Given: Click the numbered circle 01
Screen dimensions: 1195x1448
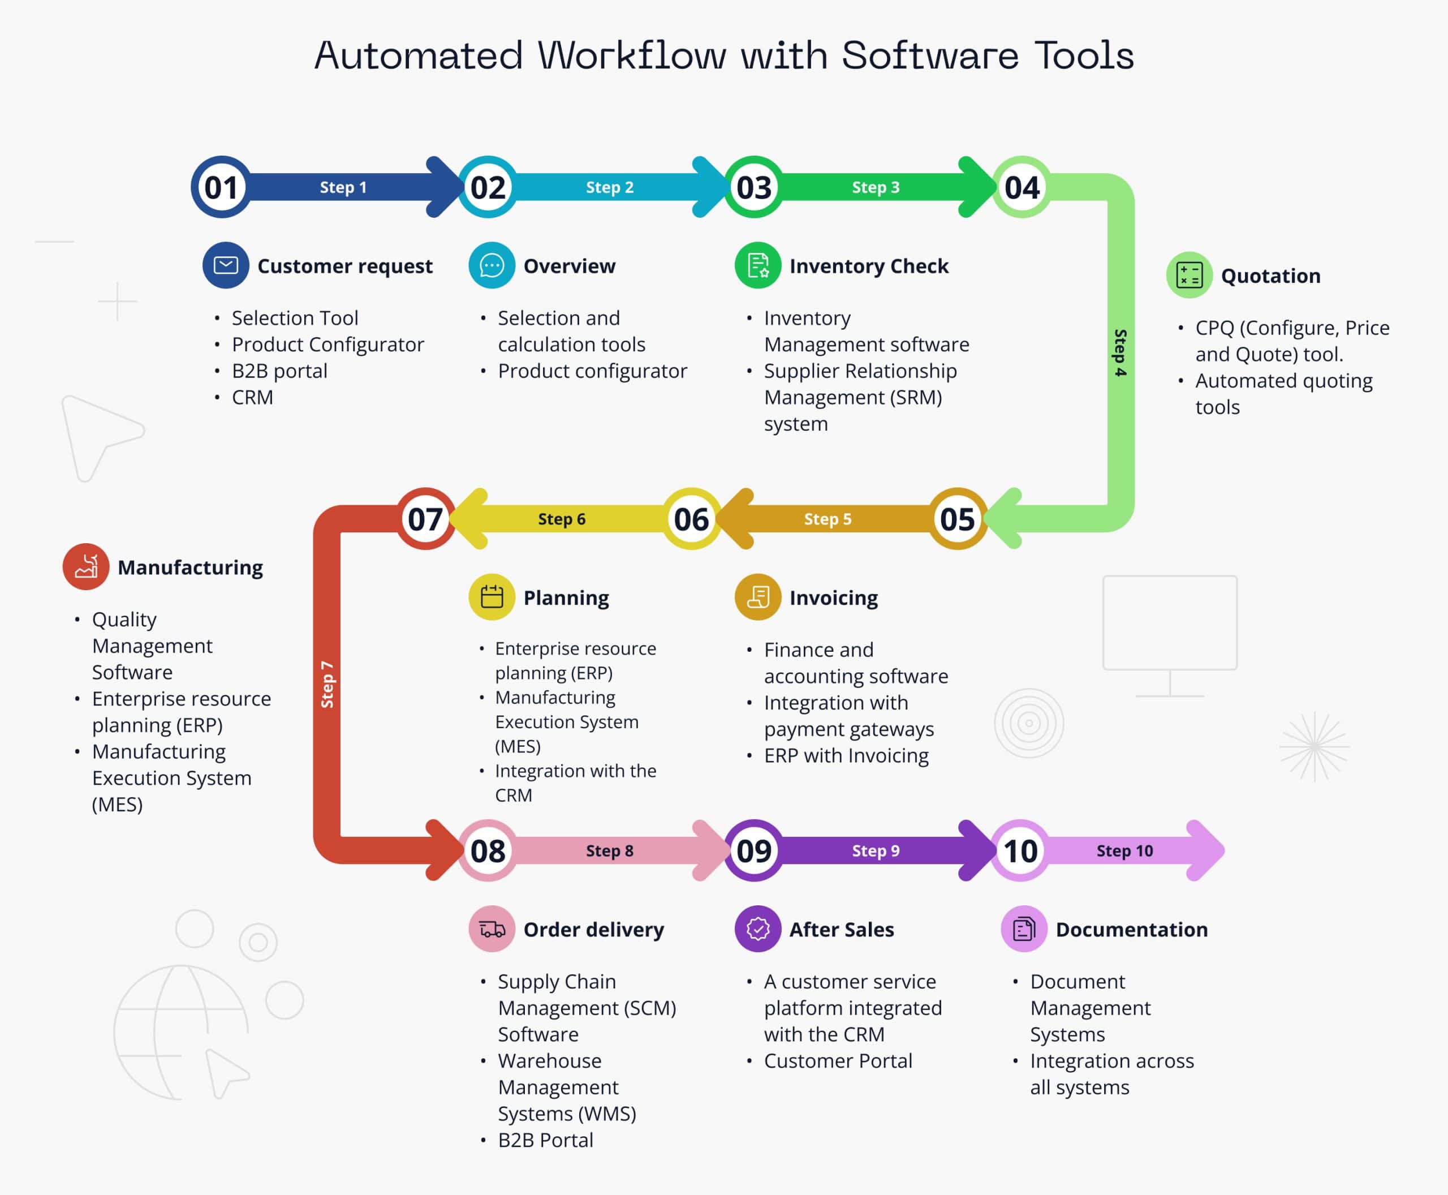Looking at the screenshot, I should [221, 187].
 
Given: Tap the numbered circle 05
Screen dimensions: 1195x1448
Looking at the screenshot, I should [957, 519].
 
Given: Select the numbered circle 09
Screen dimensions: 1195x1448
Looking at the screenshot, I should [755, 851].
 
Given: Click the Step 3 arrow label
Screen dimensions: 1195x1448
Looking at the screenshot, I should [876, 187].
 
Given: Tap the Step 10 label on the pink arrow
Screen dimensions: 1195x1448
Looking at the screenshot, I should [1124, 851].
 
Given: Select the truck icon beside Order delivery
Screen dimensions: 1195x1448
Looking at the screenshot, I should [492, 929].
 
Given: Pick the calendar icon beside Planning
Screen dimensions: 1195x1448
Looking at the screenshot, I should [492, 597].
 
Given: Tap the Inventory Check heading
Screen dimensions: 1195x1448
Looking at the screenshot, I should [869, 266].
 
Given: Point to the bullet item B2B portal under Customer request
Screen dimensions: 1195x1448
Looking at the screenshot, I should [279, 371].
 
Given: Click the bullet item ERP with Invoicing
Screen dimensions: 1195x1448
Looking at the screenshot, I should [846, 755].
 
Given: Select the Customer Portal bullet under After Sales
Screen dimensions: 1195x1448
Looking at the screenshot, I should [838, 1061].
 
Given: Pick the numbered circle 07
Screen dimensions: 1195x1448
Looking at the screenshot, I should [425, 519].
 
